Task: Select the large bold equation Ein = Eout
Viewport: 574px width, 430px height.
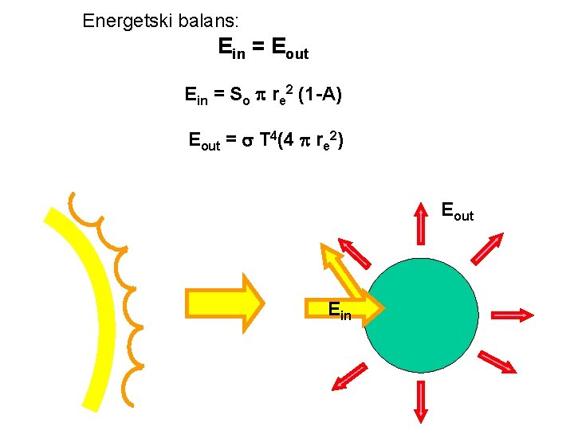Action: pos(262,49)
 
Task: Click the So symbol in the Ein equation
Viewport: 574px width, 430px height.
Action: pos(240,97)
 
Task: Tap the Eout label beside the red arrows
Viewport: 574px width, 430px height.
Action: pos(457,212)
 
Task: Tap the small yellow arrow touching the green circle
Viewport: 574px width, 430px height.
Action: pos(366,305)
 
